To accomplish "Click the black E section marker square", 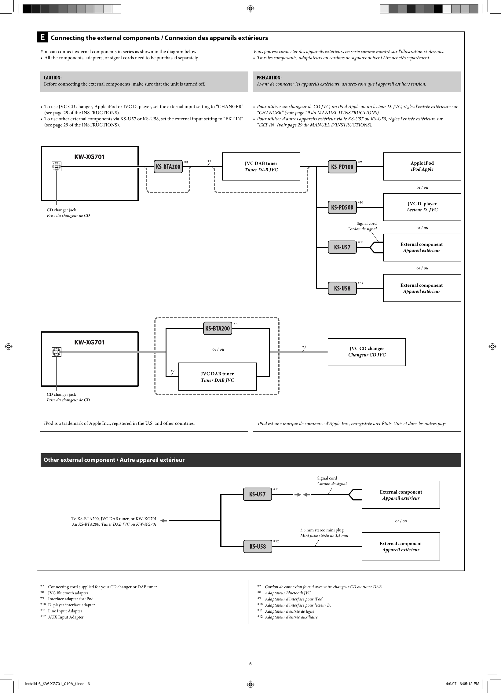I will click(42, 37).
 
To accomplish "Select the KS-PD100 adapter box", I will click(342, 167).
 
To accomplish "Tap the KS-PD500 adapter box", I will click(342, 207).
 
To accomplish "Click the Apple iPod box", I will click(422, 166).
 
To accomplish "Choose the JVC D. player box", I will click(422, 207).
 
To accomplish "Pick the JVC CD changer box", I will click(367, 352).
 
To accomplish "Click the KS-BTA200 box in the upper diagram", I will click(168, 167).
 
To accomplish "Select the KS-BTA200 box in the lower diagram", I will click(217, 328).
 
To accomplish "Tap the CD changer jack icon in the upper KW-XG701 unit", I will click(57, 166).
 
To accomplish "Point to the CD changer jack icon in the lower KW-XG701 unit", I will click(57, 352).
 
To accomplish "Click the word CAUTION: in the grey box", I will click(53, 78).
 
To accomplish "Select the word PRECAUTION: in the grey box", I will click(269, 78).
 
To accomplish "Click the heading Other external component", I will click(114, 460).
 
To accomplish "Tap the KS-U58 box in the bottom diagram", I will click(258, 546).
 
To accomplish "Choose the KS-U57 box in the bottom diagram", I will click(258, 494).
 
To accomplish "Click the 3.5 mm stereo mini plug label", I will click(322, 530).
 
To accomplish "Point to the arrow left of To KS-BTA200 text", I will click(163, 521).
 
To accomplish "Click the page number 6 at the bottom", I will click(250, 664).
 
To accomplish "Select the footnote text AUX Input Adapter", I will click(66, 617).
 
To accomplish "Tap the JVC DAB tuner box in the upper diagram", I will click(261, 166).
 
